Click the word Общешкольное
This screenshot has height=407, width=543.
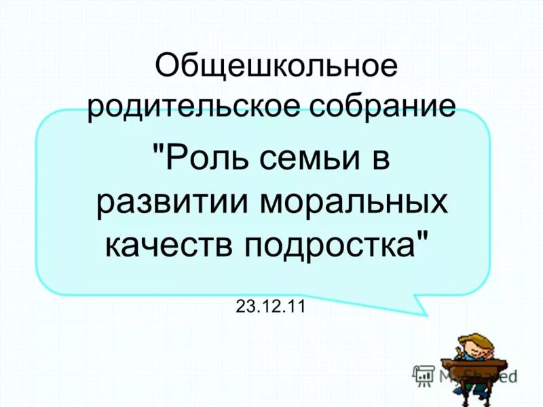(275, 68)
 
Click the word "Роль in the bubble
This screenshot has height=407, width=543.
(197, 161)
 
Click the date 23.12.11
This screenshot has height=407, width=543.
(271, 306)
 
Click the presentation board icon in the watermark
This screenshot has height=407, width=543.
(424, 374)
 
